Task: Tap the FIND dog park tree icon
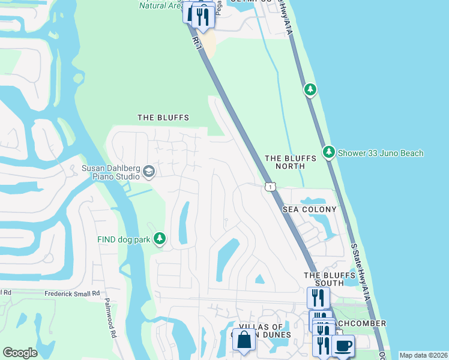(159, 239)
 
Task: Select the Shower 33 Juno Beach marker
(328, 153)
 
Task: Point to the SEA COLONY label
(309, 209)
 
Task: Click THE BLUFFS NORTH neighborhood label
(291, 162)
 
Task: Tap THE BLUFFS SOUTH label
(324, 279)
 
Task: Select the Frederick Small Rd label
(72, 294)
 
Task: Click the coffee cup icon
(343, 346)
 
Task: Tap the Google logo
(20, 353)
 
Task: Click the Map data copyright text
(424, 355)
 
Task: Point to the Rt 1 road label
(196, 42)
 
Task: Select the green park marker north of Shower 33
(310, 90)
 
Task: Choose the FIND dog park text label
(124, 239)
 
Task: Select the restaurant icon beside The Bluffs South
(318, 297)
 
